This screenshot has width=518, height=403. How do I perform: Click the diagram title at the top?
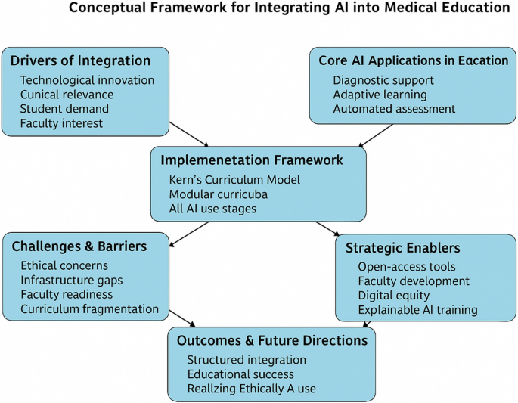[x=289, y=9]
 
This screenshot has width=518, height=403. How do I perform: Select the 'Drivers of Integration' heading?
[x=80, y=61]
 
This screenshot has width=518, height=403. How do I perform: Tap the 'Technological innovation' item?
[x=87, y=80]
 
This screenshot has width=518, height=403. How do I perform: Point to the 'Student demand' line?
[x=64, y=109]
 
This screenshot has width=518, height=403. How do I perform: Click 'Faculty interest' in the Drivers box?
[x=61, y=123]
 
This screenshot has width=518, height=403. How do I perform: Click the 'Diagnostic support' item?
[x=383, y=80]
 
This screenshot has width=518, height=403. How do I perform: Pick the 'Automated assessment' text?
[x=394, y=109]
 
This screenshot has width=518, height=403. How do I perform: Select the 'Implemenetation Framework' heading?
[x=251, y=160]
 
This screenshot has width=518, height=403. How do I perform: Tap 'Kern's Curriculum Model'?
[x=234, y=180]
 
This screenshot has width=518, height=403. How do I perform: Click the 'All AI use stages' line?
[x=212, y=209]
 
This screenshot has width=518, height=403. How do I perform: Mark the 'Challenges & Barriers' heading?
[x=79, y=246]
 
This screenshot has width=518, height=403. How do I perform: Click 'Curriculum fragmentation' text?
[x=89, y=309]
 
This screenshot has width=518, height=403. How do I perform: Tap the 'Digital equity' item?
[x=393, y=296]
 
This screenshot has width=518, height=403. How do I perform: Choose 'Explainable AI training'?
[x=417, y=310]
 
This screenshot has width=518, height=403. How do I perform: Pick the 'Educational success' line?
[x=240, y=374]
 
